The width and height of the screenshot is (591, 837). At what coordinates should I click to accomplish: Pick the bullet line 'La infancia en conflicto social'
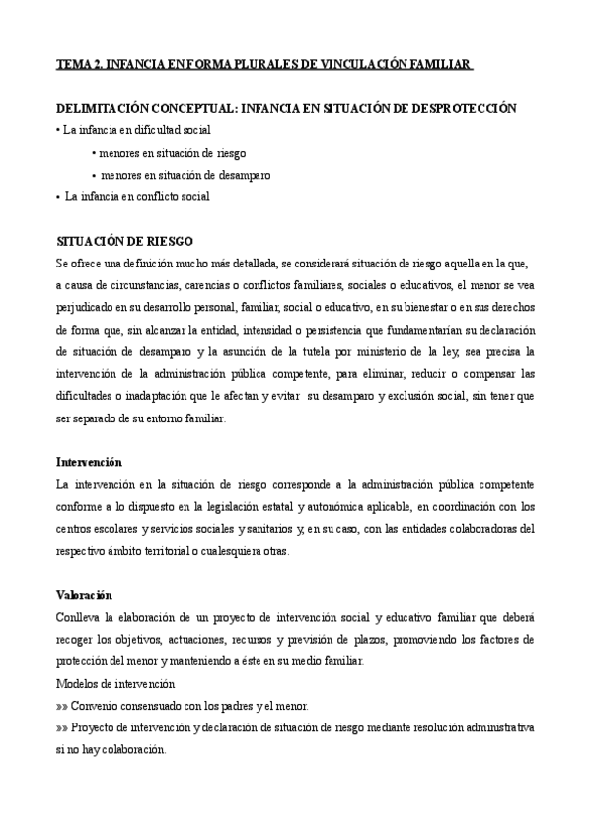pos(136,196)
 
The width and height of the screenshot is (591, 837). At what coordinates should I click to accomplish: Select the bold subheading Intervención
pos(90,462)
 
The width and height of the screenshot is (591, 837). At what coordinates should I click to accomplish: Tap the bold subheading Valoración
pos(85,595)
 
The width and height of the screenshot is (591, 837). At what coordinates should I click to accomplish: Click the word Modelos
pos(80,683)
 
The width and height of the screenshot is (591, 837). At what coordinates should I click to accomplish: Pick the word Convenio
pos(98,706)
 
